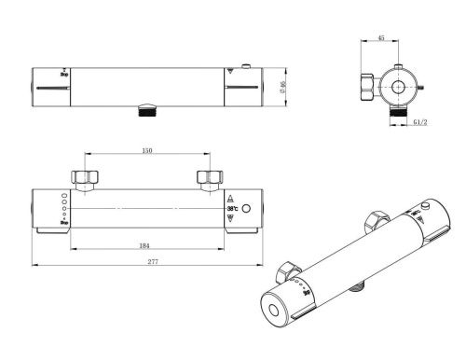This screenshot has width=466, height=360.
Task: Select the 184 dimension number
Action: click(x=144, y=246)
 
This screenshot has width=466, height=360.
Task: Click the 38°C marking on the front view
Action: click(x=231, y=209)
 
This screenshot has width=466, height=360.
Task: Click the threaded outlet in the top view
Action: click(x=144, y=111)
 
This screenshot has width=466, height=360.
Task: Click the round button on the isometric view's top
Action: click(x=426, y=205)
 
